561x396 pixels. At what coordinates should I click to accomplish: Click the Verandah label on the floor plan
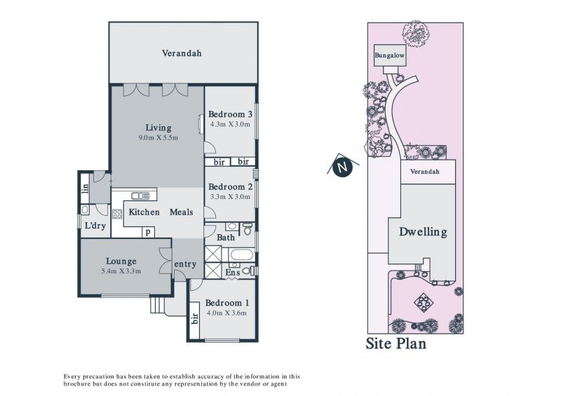[182, 53]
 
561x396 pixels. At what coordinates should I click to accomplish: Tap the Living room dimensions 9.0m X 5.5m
[158, 137]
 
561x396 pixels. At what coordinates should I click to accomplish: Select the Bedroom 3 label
[230, 114]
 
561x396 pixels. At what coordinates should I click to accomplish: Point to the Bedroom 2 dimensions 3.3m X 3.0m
[230, 196]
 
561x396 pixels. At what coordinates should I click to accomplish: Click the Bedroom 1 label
[227, 303]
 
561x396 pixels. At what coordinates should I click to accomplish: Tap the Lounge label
[121, 261]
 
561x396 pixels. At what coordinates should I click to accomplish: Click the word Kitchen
[144, 212]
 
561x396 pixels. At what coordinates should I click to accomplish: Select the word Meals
[181, 212]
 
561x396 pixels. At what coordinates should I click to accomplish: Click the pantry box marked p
[148, 233]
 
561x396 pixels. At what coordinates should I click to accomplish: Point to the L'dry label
[95, 226]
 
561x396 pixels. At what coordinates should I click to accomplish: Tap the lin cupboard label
[85, 189]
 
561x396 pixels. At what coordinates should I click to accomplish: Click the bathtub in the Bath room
[242, 255]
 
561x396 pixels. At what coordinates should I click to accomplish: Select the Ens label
[233, 273]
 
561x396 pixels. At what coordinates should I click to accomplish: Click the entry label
[185, 264]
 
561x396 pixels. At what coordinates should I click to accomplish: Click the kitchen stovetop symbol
[117, 214]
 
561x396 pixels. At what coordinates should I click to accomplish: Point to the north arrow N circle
[342, 167]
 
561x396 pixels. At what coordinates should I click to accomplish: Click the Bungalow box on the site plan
[390, 55]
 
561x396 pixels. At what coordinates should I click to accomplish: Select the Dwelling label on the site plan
[424, 232]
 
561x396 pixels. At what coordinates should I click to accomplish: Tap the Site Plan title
[396, 343]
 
